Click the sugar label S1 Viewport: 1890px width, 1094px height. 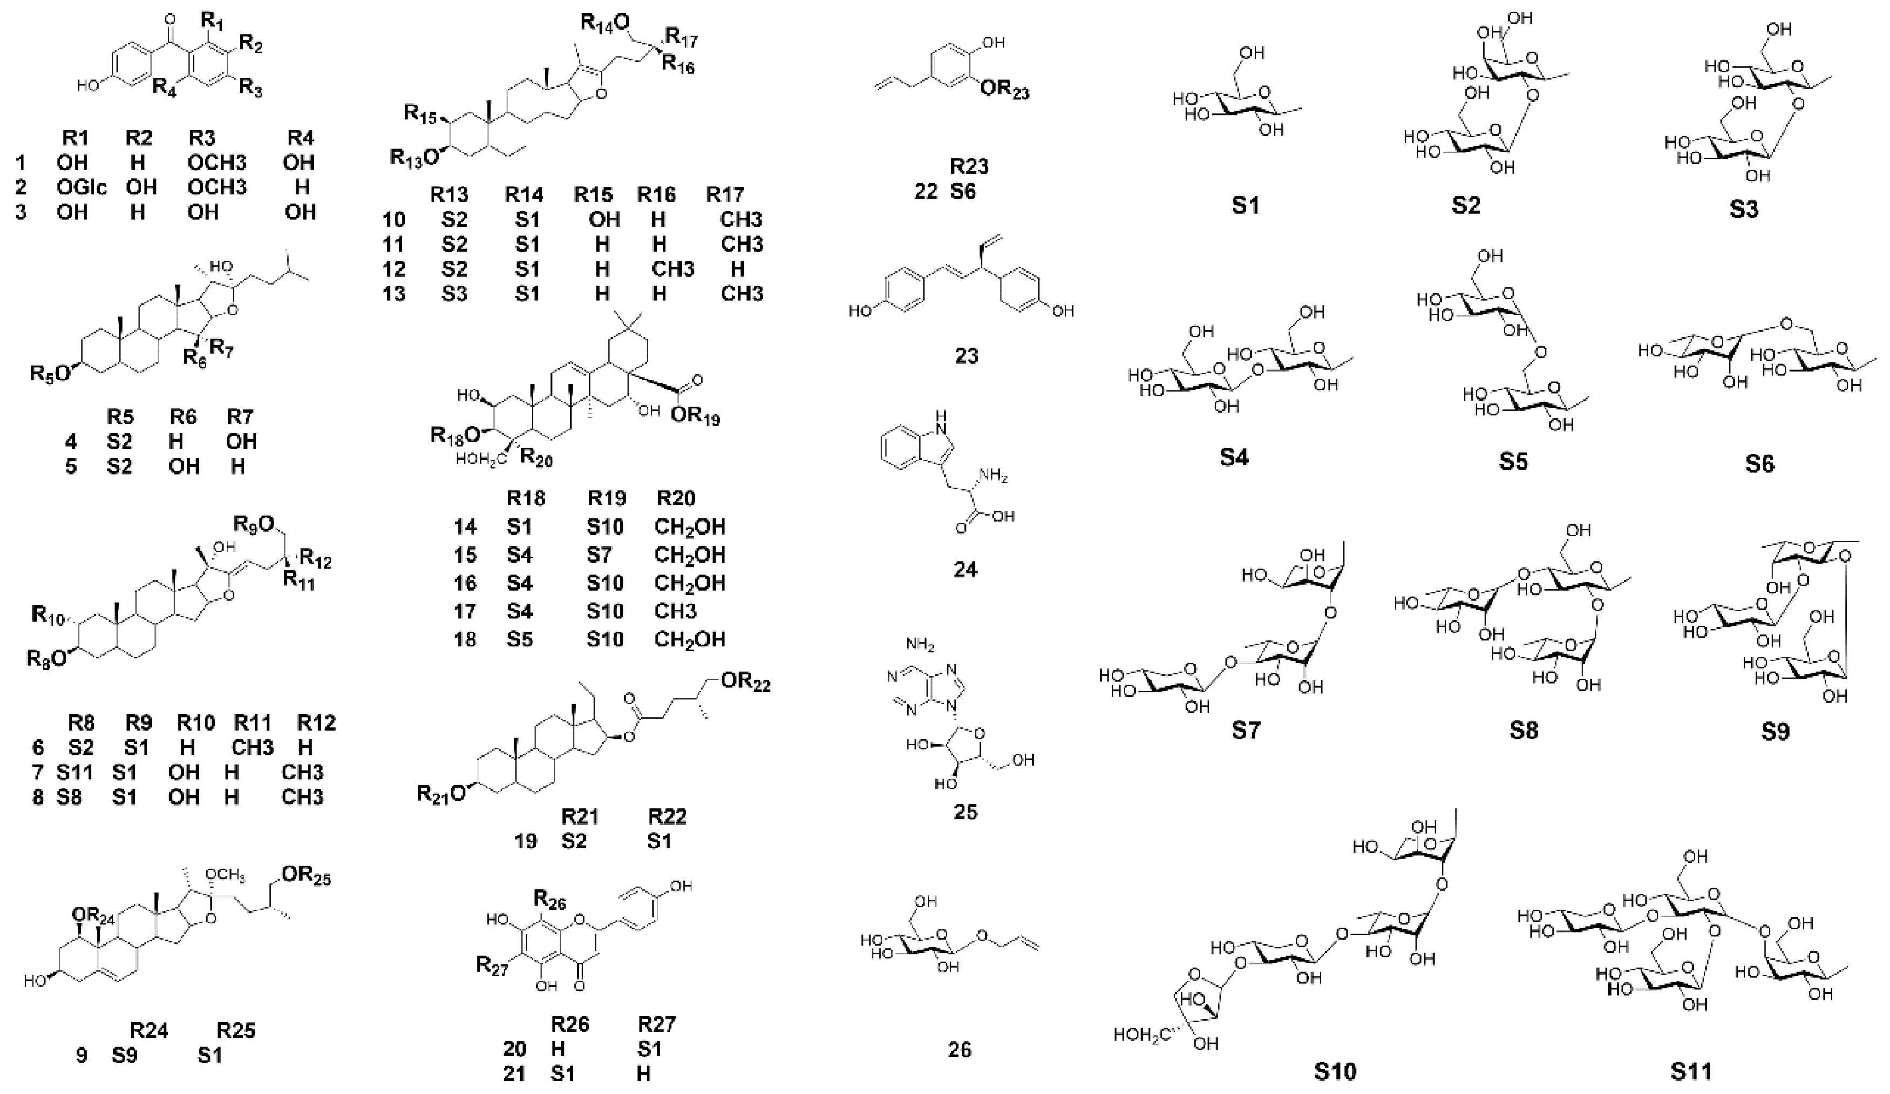[1245, 205]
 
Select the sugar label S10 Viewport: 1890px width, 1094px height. [1335, 1070]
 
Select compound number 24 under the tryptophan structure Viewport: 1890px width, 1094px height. [966, 570]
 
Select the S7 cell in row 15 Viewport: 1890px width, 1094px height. [604, 555]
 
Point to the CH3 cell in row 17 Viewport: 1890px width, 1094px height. [675, 612]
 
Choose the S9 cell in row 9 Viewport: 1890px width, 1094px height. [125, 1055]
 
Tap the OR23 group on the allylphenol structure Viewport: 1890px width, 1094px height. [1004, 92]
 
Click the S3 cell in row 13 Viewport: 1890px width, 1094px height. [454, 293]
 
